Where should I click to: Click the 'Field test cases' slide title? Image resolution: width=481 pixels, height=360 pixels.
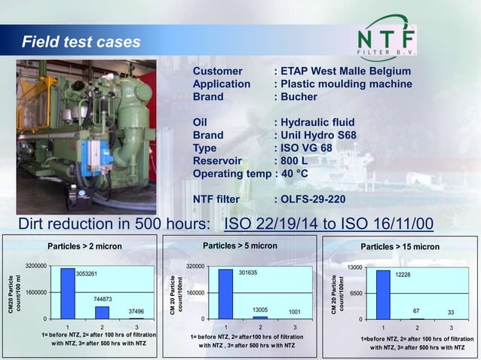81,41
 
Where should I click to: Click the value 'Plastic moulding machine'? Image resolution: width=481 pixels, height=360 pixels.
347,84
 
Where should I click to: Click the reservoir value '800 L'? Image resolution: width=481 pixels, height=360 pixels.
297,161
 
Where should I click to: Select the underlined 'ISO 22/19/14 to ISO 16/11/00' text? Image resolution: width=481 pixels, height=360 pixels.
329,224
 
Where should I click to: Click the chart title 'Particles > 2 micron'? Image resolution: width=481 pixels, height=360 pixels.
84,246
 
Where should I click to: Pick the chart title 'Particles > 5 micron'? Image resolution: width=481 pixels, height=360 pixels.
240,246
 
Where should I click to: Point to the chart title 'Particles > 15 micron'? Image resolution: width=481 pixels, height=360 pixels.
400,247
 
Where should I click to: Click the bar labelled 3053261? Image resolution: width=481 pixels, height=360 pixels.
68,293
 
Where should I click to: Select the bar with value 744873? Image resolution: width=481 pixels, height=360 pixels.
102,312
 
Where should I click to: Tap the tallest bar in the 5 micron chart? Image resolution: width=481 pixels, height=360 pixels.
225,294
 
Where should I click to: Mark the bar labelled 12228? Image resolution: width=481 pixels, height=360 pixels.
382,294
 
